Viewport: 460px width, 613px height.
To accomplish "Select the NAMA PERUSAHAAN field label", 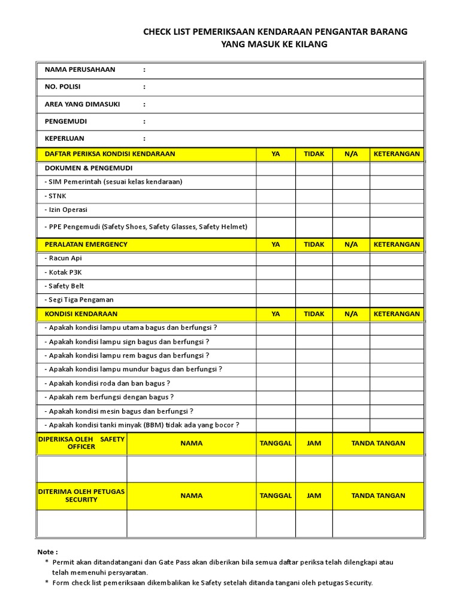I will (x=80, y=69).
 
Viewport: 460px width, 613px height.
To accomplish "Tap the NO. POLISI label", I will (x=62, y=87).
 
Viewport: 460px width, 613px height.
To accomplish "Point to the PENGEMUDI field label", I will (x=65, y=121).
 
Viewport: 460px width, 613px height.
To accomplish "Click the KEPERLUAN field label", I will (x=64, y=138).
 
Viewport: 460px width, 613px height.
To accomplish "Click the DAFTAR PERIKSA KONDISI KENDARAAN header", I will (x=110, y=154).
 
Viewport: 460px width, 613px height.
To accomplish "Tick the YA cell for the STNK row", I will (x=276, y=196).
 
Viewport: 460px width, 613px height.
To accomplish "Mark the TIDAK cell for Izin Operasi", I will (x=314, y=210).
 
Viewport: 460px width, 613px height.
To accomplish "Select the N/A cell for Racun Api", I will (x=351, y=258).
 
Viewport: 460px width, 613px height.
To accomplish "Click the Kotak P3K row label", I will (x=63, y=272).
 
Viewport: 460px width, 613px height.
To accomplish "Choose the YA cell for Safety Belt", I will (x=276, y=286).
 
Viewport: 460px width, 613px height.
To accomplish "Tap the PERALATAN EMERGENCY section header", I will (x=86, y=244).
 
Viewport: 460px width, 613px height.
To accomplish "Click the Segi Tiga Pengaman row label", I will (x=79, y=299).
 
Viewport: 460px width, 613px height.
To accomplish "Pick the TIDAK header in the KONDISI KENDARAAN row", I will (x=314, y=314).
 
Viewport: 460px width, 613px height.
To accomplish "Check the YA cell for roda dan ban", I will (x=276, y=383).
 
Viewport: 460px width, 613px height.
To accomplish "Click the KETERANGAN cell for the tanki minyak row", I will (x=397, y=425).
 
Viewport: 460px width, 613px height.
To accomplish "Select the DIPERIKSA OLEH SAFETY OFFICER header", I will (x=81, y=443).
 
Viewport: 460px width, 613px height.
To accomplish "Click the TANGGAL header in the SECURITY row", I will (x=276, y=496).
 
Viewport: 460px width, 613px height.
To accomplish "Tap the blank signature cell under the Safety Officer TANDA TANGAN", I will (x=378, y=469).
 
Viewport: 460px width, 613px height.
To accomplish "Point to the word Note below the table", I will (x=47, y=552).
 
